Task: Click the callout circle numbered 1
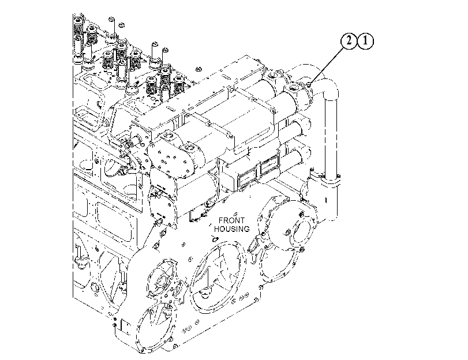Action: (365, 41)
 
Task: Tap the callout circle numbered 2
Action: (349, 41)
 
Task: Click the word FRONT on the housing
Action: (231, 220)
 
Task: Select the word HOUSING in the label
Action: (231, 229)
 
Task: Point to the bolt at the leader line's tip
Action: (309, 85)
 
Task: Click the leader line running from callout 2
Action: (327, 65)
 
